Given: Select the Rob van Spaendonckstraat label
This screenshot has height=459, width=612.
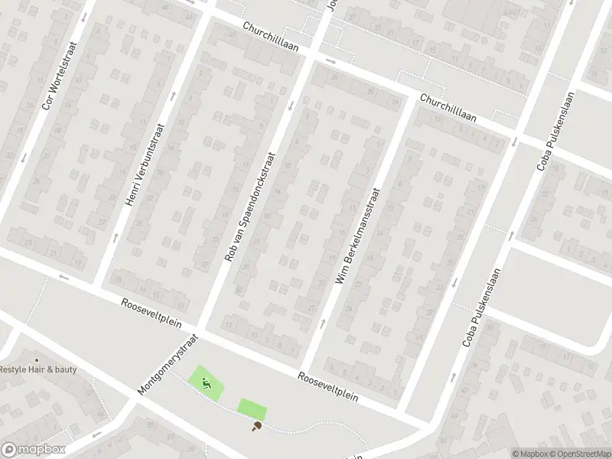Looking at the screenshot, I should pyautogui.click(x=250, y=206).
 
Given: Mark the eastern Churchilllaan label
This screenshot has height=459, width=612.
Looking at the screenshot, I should pyautogui.click(x=448, y=108).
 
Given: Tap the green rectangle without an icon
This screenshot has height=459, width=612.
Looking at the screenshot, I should pyautogui.click(x=252, y=409).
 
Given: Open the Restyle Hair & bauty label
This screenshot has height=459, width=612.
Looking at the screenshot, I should pyautogui.click(x=38, y=369).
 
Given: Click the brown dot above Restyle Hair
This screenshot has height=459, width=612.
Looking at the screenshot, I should pyautogui.click(x=36, y=360).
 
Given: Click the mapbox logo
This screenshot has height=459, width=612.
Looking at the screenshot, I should pyautogui.click(x=34, y=450).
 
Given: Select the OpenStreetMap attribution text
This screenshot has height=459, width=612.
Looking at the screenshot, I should pyautogui.click(x=579, y=454).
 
